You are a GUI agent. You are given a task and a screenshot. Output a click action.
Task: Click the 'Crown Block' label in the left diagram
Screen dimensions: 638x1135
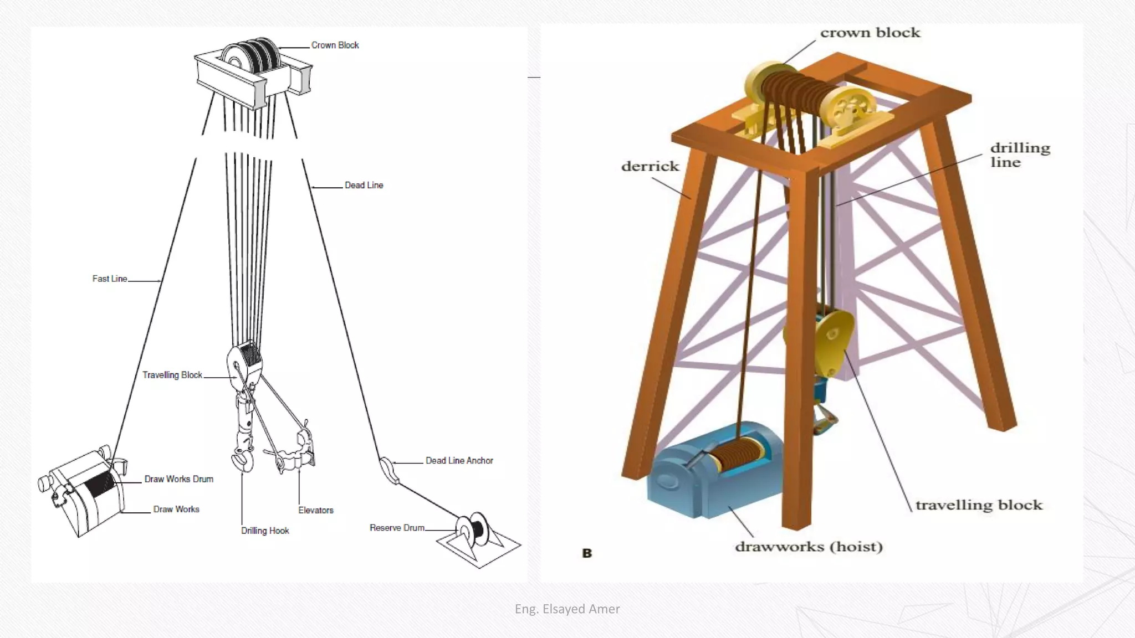[335, 45]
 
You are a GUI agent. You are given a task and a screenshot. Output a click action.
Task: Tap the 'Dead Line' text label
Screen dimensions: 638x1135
[364, 186]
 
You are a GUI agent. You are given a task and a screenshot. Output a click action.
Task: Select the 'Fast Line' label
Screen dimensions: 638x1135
[110, 279]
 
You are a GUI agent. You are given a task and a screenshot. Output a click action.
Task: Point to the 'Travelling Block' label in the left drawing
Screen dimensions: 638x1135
[172, 375]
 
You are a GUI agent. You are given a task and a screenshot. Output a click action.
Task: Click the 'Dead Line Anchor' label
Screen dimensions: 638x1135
[459, 461]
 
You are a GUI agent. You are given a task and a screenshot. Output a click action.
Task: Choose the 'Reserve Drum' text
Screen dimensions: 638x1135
[397, 528]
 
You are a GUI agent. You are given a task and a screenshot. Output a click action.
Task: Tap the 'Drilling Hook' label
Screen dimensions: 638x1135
[265, 531]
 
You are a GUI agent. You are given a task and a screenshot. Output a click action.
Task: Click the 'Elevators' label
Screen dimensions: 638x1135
[316, 511]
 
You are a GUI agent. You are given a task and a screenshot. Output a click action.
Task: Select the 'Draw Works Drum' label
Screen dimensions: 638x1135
[178, 480]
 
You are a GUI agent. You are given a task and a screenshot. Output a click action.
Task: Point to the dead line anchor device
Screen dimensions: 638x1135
[389, 470]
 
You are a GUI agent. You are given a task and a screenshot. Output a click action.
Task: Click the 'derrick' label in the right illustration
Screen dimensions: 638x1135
[650, 166]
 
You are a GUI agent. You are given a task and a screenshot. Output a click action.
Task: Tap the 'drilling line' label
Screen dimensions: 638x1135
[1020, 155]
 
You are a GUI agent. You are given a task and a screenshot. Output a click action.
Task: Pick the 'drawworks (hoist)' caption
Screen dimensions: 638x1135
[808, 547]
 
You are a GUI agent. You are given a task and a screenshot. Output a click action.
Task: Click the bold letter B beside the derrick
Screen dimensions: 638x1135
[587, 553]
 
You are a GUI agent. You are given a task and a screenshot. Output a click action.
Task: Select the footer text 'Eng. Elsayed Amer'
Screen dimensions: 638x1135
[567, 609]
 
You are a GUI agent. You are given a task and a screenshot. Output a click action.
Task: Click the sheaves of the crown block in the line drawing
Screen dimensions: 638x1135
[252, 55]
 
